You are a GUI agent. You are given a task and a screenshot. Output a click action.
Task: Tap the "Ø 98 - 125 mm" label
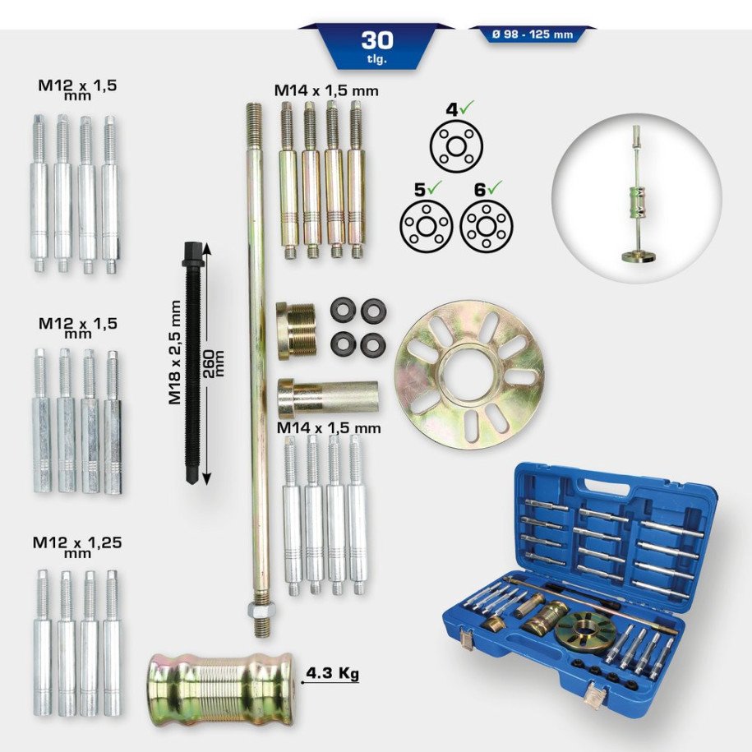point(532,35)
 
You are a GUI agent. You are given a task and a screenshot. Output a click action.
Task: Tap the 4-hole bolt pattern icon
point(455,145)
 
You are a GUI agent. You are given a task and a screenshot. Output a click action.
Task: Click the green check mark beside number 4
point(465,108)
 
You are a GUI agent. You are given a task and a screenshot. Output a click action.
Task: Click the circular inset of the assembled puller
point(636,194)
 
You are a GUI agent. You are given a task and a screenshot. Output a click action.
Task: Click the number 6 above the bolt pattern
point(478,189)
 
